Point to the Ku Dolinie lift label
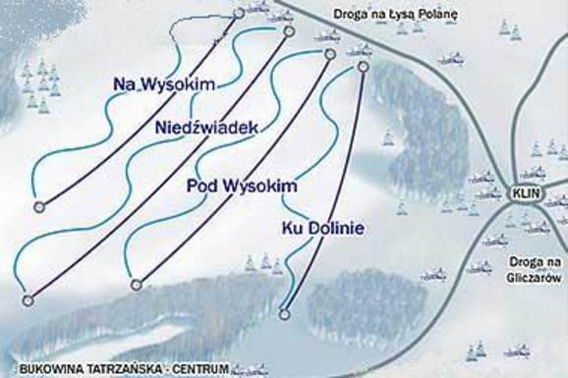pos(322,229)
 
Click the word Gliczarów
pos(535,278)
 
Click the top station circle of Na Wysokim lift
pos(239,13)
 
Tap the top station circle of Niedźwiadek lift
pos(289,31)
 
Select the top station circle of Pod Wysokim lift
pos(329,55)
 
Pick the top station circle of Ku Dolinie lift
pos(363,67)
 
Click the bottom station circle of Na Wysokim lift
pos(39,206)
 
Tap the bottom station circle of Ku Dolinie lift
pos(284,314)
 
